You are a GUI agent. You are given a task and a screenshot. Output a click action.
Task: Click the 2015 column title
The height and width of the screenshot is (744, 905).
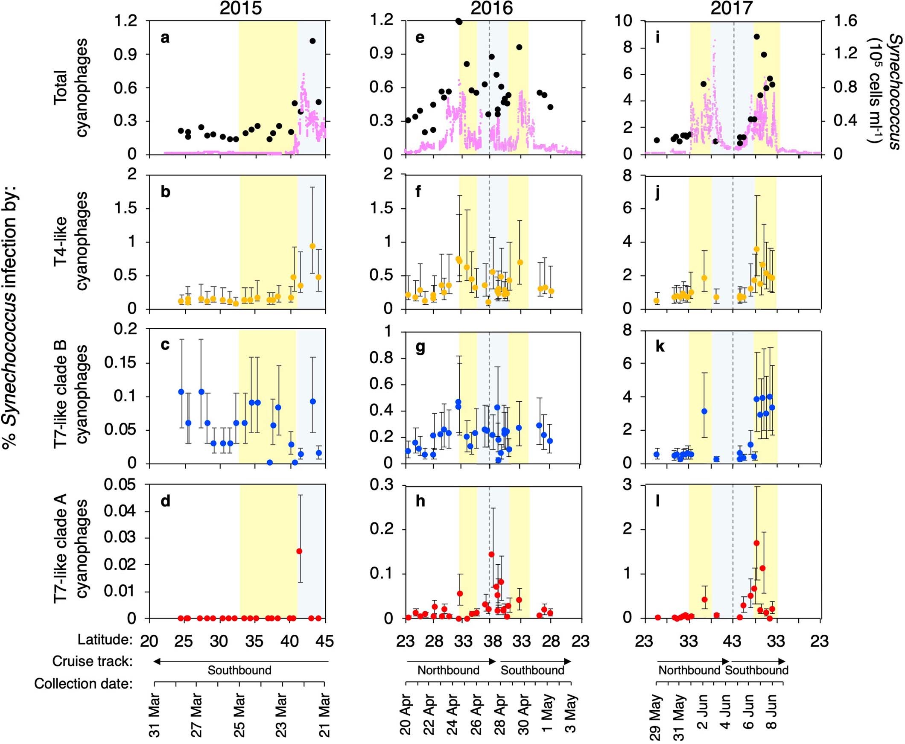[240, 8]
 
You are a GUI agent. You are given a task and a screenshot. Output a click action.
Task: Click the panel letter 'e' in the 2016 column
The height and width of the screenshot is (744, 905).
[420, 38]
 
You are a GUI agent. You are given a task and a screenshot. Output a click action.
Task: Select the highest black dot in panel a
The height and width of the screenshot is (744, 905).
[312, 41]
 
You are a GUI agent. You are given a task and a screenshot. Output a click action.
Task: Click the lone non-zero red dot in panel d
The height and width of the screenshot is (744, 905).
[299, 551]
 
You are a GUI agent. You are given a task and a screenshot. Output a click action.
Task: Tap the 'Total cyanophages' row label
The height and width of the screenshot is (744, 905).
[71, 88]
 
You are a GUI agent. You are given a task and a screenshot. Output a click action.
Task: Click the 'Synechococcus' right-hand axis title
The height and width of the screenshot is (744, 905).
[894, 92]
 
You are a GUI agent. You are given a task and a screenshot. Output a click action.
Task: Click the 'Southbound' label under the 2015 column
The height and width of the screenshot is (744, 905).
[239, 670]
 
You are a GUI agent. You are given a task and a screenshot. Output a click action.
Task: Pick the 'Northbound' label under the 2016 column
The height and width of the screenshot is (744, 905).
[448, 670]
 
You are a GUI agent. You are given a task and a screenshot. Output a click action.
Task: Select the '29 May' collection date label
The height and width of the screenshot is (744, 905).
[656, 718]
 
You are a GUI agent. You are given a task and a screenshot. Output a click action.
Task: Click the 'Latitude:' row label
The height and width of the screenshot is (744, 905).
[105, 640]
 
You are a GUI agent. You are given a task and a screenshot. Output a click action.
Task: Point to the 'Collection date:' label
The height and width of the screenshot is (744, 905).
[83, 683]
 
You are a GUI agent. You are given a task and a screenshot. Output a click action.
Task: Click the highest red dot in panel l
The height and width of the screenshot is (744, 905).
[756, 543]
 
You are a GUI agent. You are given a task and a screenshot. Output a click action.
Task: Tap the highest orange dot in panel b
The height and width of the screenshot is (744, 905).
[312, 246]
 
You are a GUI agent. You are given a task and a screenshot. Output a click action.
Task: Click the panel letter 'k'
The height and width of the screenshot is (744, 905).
[660, 347]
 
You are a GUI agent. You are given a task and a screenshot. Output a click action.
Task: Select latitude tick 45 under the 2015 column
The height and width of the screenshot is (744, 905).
[324, 641]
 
